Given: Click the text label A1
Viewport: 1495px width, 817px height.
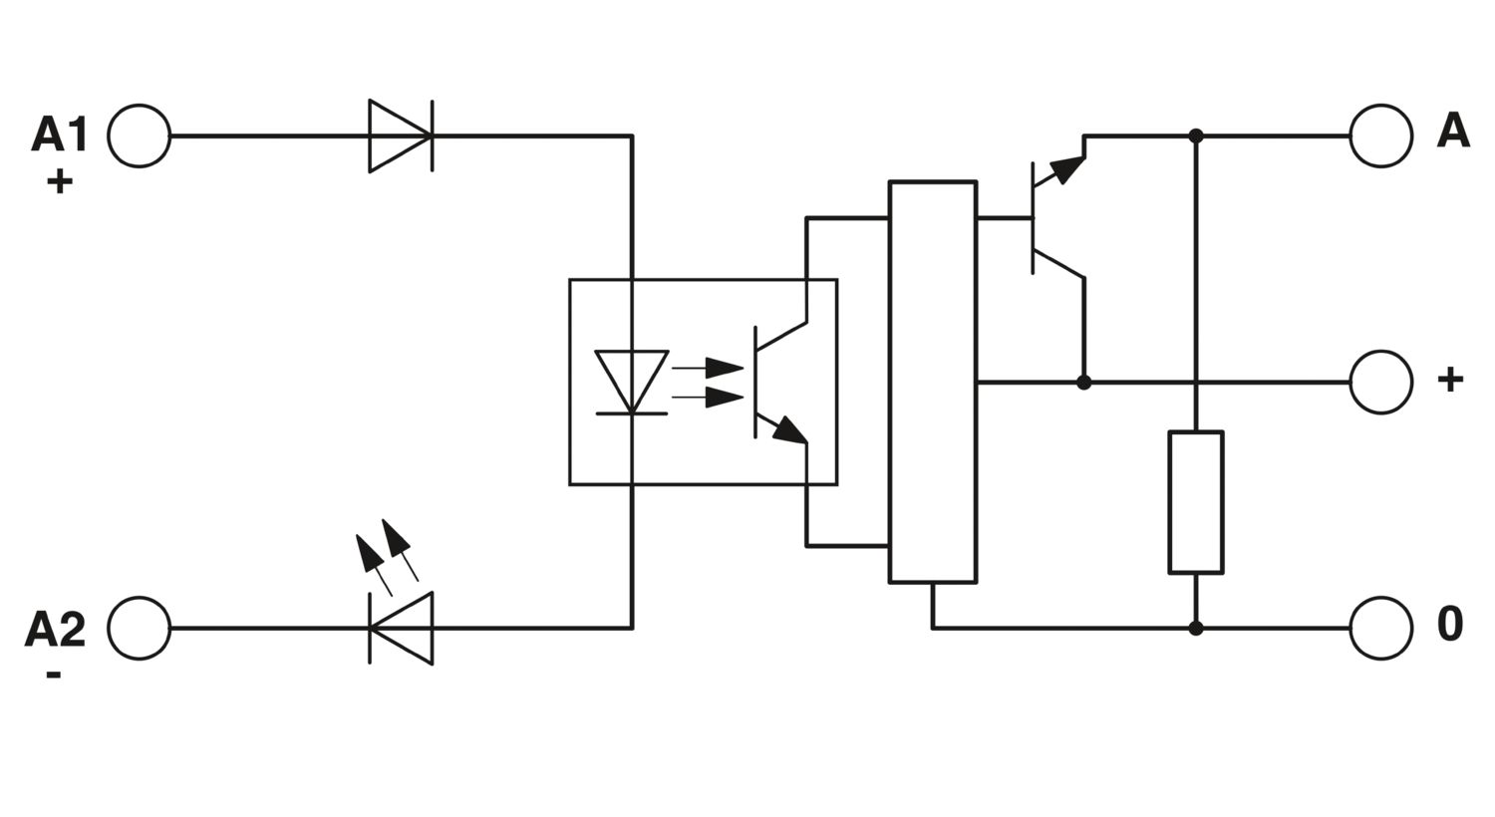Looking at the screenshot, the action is [60, 135].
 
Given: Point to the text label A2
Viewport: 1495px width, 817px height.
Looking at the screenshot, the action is [56, 629].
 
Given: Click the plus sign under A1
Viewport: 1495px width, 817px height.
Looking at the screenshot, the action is [60, 181].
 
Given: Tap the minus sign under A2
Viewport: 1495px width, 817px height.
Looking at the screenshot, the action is [54, 676].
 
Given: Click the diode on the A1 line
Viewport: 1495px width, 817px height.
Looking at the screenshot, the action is [401, 136].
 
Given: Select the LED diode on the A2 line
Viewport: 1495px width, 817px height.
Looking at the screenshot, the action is [401, 629].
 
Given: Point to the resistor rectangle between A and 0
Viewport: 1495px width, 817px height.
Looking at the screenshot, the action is [1195, 502].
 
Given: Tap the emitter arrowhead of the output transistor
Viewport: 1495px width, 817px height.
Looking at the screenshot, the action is [1067, 168].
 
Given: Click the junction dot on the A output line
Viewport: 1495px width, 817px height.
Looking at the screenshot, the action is [1195, 136].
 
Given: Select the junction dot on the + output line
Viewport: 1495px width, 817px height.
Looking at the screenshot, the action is [1084, 383].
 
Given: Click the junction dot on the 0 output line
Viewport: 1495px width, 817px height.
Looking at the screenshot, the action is [1195, 629].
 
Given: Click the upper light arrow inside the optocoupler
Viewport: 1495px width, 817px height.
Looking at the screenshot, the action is [708, 368].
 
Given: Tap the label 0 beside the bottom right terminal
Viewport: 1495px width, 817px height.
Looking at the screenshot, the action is [1449, 625].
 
